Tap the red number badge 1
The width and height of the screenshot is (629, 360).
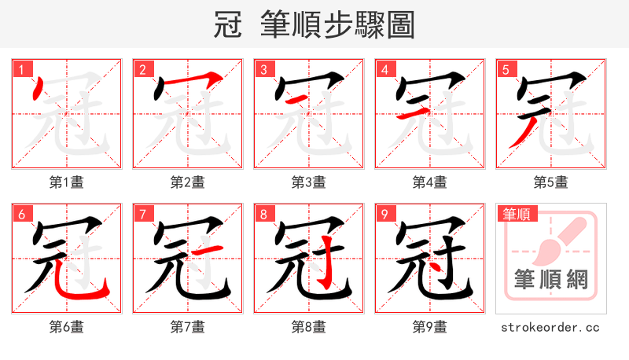tap(21, 70)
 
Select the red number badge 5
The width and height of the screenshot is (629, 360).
tap(506, 70)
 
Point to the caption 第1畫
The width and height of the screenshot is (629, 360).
tap(67, 182)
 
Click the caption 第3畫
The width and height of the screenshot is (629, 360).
tap(309, 182)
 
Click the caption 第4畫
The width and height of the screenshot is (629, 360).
tap(430, 182)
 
